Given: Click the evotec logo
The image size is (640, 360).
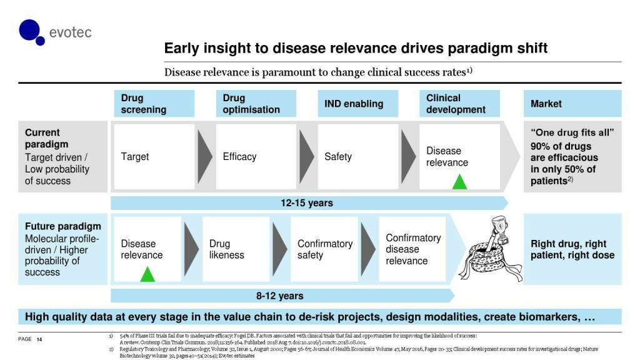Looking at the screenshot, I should (x=55, y=32).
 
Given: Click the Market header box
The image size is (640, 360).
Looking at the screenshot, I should (x=572, y=104).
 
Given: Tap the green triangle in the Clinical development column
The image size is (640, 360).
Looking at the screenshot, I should (x=459, y=182).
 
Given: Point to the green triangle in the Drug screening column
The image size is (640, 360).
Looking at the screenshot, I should (x=147, y=274).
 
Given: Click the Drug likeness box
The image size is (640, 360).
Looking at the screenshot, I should (x=234, y=249).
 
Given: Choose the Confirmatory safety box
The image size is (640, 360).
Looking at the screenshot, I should (x=324, y=249).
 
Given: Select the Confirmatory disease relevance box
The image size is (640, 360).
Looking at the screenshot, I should (x=413, y=249).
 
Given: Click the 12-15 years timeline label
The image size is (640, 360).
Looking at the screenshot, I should (x=306, y=203).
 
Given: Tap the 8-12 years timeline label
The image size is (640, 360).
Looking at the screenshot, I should (x=279, y=296).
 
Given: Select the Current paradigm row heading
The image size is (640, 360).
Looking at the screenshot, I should (x=42, y=139).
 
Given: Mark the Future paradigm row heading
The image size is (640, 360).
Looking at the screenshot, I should (x=62, y=226).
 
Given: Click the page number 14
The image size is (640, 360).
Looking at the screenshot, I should (x=39, y=339).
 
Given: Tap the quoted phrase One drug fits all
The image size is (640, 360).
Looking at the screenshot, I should (x=572, y=133).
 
